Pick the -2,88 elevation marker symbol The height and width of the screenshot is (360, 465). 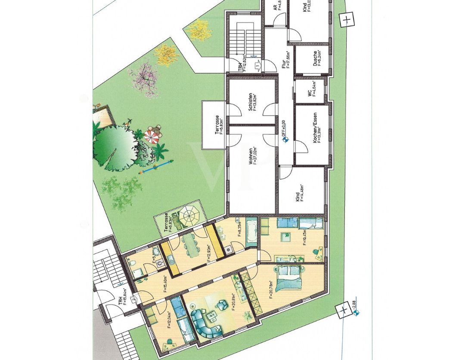(x=356, y=313)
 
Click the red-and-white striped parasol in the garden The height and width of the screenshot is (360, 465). (x=151, y=137)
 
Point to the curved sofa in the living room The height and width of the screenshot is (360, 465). (x=205, y=323)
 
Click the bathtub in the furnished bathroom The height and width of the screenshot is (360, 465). (x=252, y=233)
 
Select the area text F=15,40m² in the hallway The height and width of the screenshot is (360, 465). (x=166, y=284)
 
